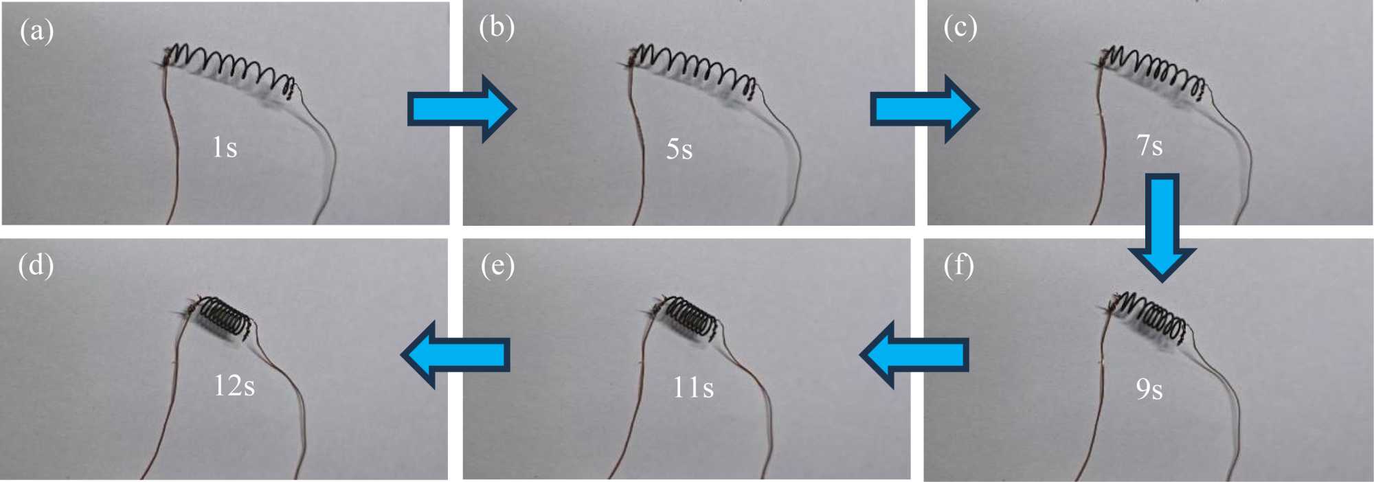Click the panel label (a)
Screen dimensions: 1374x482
36,32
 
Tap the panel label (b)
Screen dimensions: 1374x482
496,27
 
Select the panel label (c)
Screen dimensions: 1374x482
960,27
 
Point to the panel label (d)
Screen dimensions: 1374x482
36,265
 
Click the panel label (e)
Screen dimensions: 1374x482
497,266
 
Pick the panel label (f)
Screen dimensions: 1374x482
958,266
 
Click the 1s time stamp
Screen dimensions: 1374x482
225,148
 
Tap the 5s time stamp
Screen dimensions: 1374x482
679,149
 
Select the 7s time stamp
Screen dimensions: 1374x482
1149,146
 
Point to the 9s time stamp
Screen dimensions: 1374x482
1149,389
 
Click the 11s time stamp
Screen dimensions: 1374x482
692,388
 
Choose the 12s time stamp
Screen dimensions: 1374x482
234,386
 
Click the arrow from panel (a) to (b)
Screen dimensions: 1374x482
460,109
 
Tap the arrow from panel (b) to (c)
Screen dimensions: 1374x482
923,109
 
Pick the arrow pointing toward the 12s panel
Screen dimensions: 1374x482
455,355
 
